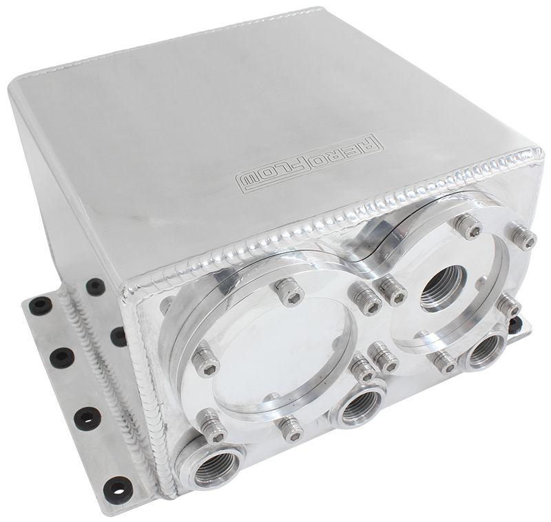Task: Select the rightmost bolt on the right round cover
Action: (523, 237)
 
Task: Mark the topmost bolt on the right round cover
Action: (468, 225)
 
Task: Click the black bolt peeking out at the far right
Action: (514, 325)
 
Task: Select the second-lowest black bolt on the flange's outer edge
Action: (88, 419)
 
